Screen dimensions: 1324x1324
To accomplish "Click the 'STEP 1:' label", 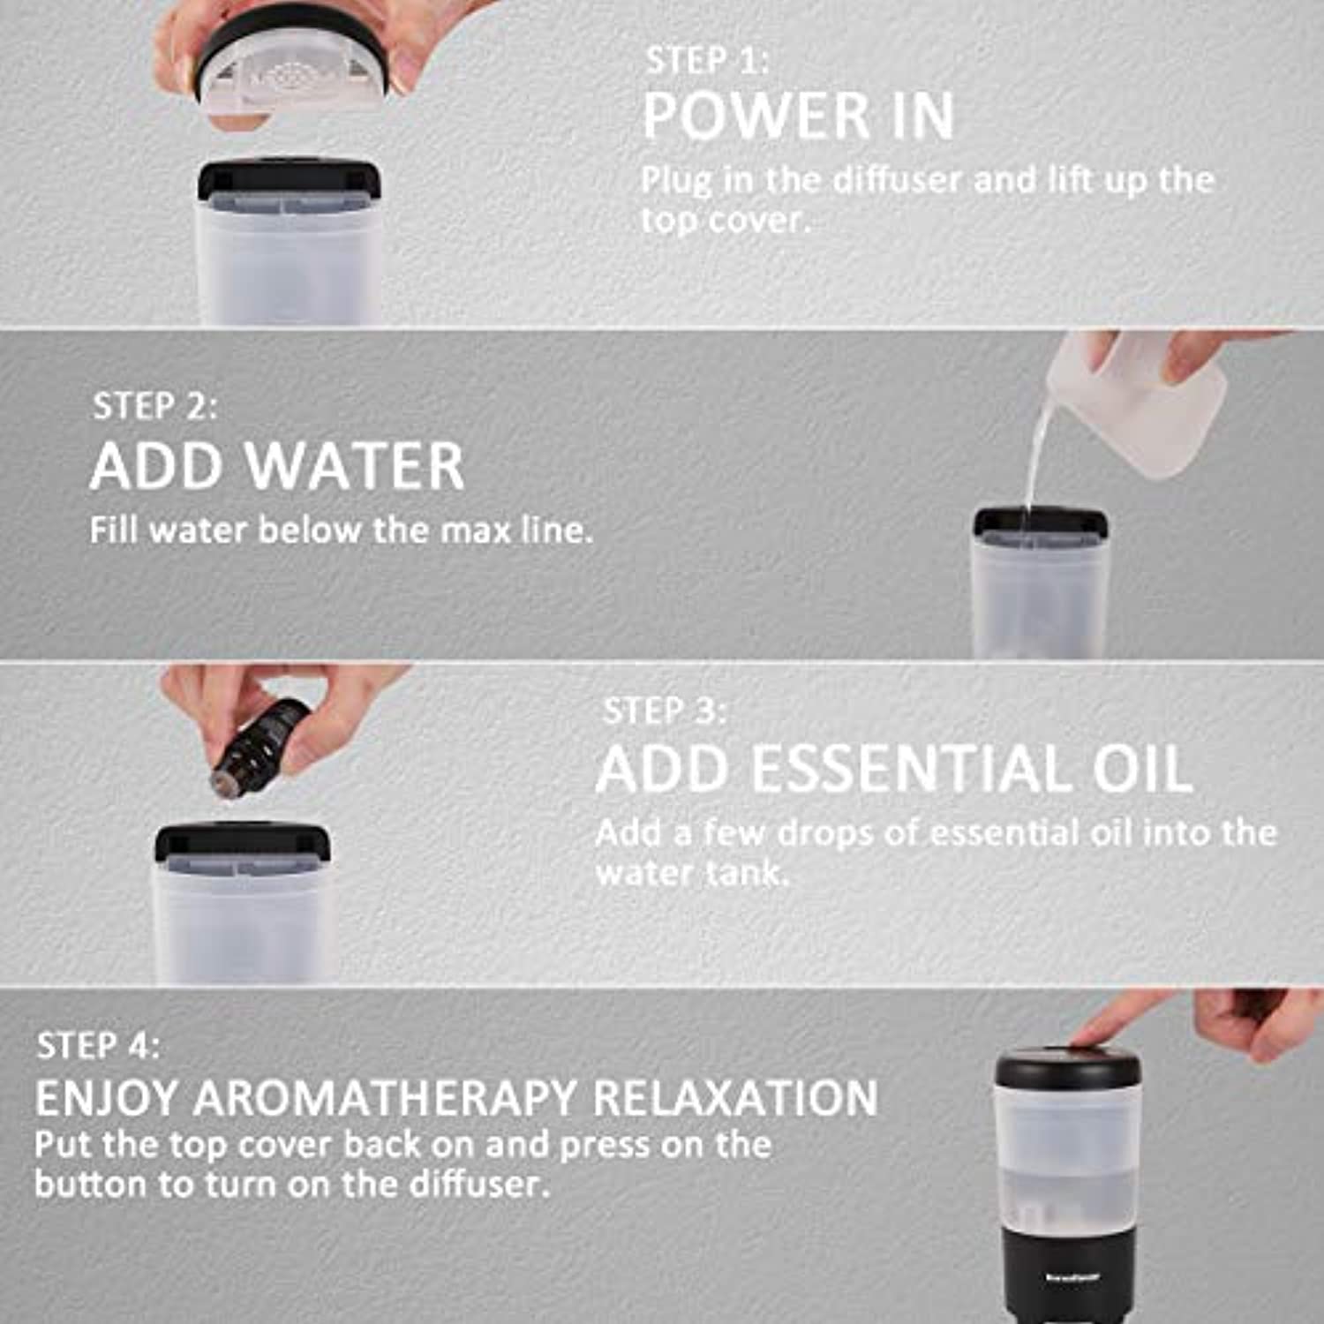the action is pyautogui.click(x=707, y=61).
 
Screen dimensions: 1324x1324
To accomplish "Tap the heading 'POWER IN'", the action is pyautogui.click(x=798, y=116).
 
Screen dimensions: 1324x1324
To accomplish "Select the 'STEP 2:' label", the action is pyautogui.click(x=154, y=406).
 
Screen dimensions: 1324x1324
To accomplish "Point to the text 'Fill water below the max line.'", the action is pyautogui.click(x=341, y=530).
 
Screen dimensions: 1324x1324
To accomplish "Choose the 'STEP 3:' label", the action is pyautogui.click(x=665, y=711).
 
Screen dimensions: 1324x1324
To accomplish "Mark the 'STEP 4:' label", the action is pyautogui.click(x=98, y=1046).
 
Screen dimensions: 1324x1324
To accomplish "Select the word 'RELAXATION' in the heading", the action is pyautogui.click(x=735, y=1098).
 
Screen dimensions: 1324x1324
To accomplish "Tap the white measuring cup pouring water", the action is pyautogui.click(x=1139, y=402).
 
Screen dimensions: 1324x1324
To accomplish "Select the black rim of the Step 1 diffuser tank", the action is pyautogui.click(x=290, y=177).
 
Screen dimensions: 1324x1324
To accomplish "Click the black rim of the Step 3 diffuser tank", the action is pyautogui.click(x=243, y=843).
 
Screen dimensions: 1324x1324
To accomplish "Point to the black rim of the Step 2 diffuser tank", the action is pyautogui.click(x=1040, y=523).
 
